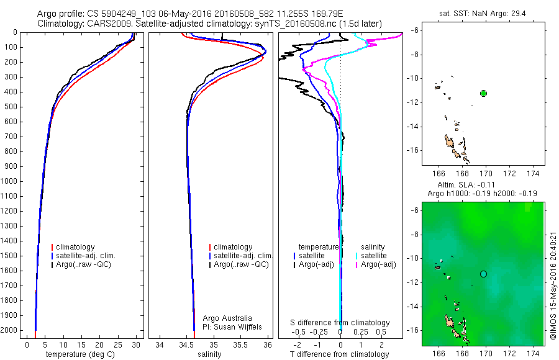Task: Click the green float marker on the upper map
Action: coord(483,93)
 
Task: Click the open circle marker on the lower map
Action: coord(483,274)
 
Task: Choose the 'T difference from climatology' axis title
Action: coord(340,354)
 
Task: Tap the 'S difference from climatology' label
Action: coord(340,323)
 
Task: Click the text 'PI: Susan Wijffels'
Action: coord(234,326)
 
